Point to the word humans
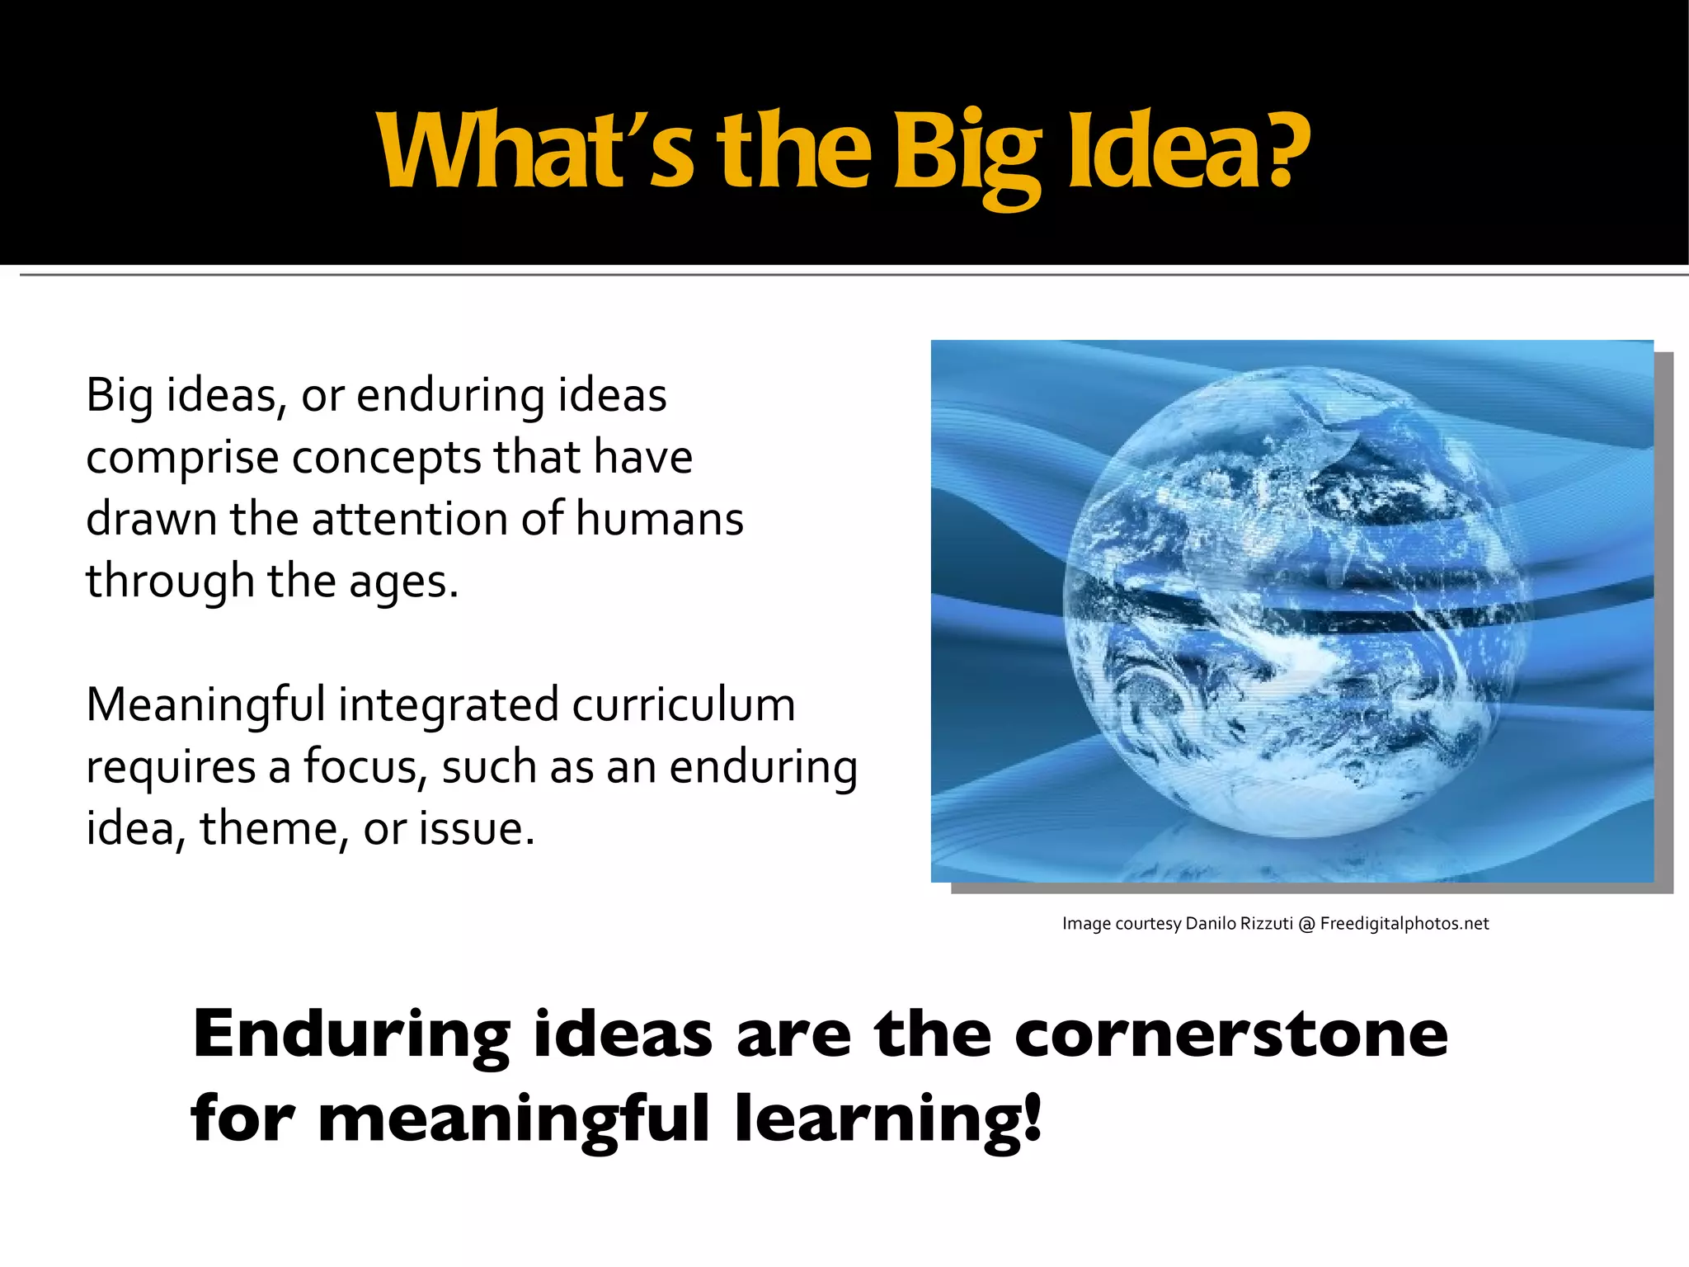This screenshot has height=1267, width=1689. (x=659, y=519)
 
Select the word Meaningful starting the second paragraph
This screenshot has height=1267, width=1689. (x=205, y=705)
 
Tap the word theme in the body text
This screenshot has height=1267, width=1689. (x=269, y=828)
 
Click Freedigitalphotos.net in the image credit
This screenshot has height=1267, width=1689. (x=1404, y=924)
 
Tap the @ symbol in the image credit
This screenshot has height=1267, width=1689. (x=1306, y=924)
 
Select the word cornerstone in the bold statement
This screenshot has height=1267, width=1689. (x=1230, y=1034)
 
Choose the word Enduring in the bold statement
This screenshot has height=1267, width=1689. (x=351, y=1036)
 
